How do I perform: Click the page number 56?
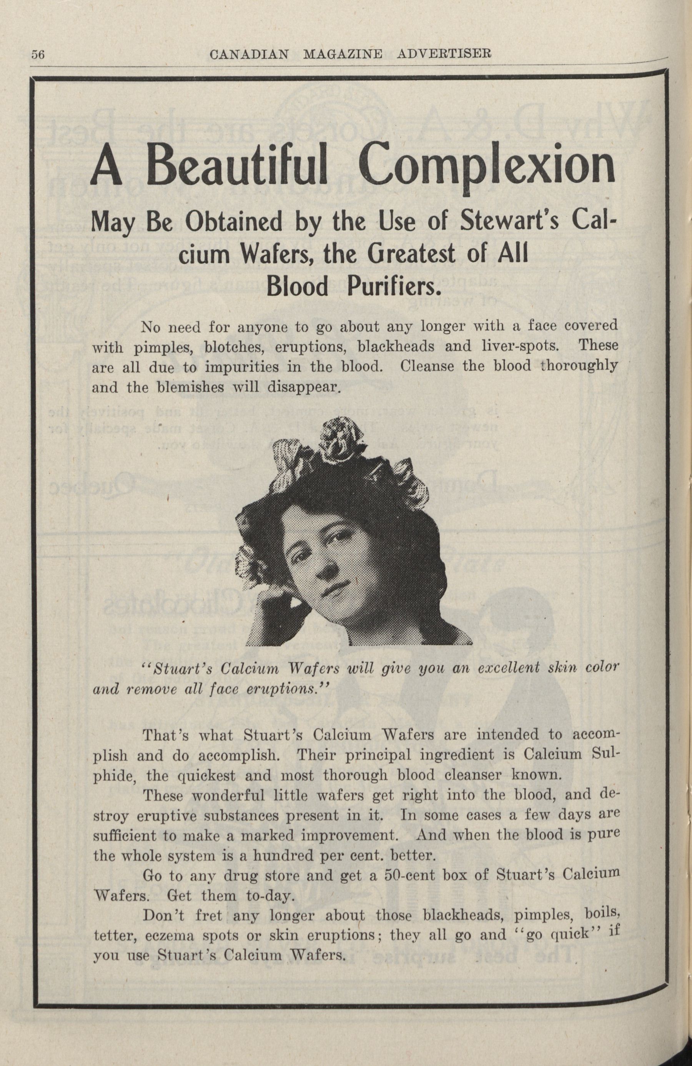pos(37,54)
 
